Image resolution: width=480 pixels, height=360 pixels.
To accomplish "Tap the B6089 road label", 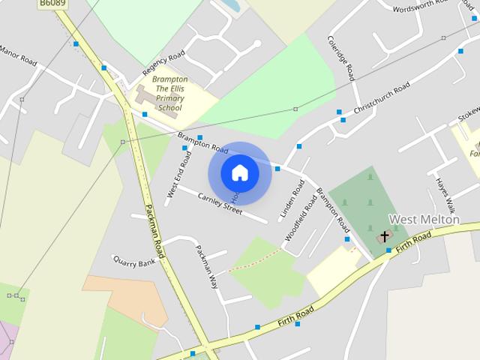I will pyautogui.click(x=52, y=4).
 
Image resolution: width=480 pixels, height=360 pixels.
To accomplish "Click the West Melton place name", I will pyautogui.click(x=424, y=220).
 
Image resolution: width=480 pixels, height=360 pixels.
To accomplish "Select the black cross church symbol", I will pyautogui.click(x=385, y=237).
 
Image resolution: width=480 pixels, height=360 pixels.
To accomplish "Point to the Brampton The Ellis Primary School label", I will pyautogui.click(x=169, y=93).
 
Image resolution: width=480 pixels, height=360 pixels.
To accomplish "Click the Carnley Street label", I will pyautogui.click(x=220, y=203).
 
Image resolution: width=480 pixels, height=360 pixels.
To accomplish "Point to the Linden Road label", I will pyautogui.click(x=292, y=198).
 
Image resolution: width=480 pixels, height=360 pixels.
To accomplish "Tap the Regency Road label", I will pyautogui.click(x=163, y=65).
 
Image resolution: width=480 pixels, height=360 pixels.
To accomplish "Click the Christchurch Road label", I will pyautogui.click(x=382, y=98).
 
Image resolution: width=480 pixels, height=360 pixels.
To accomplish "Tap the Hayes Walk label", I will pyautogui.click(x=442, y=196).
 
